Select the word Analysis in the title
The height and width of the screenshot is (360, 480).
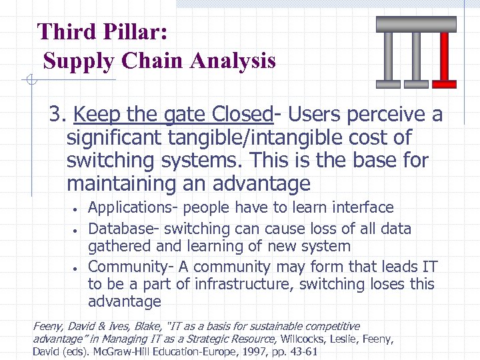coord(233,61)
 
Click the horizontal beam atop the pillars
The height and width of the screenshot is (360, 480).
coord(416,24)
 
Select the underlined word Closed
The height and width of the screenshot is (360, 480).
coord(243,115)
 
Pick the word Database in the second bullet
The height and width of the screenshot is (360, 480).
coord(121,229)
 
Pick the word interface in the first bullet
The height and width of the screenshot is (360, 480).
coord(361,208)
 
